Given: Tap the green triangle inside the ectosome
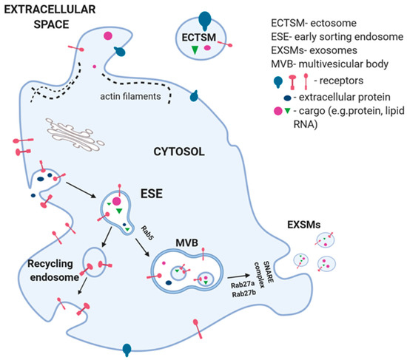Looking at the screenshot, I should coord(195,49).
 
